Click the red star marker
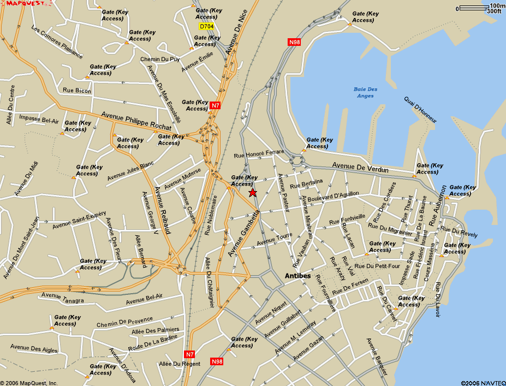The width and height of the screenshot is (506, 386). [x=252, y=193]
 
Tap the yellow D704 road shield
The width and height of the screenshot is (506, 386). [x=206, y=26]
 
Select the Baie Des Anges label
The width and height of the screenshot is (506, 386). [x=365, y=92]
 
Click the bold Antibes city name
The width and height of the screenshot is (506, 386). [x=298, y=276]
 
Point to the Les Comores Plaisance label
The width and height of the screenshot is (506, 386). [x=57, y=42]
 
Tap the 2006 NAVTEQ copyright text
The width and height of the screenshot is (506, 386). [x=483, y=382]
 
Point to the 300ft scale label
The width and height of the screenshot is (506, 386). [x=493, y=11]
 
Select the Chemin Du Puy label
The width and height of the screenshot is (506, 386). [x=160, y=59]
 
